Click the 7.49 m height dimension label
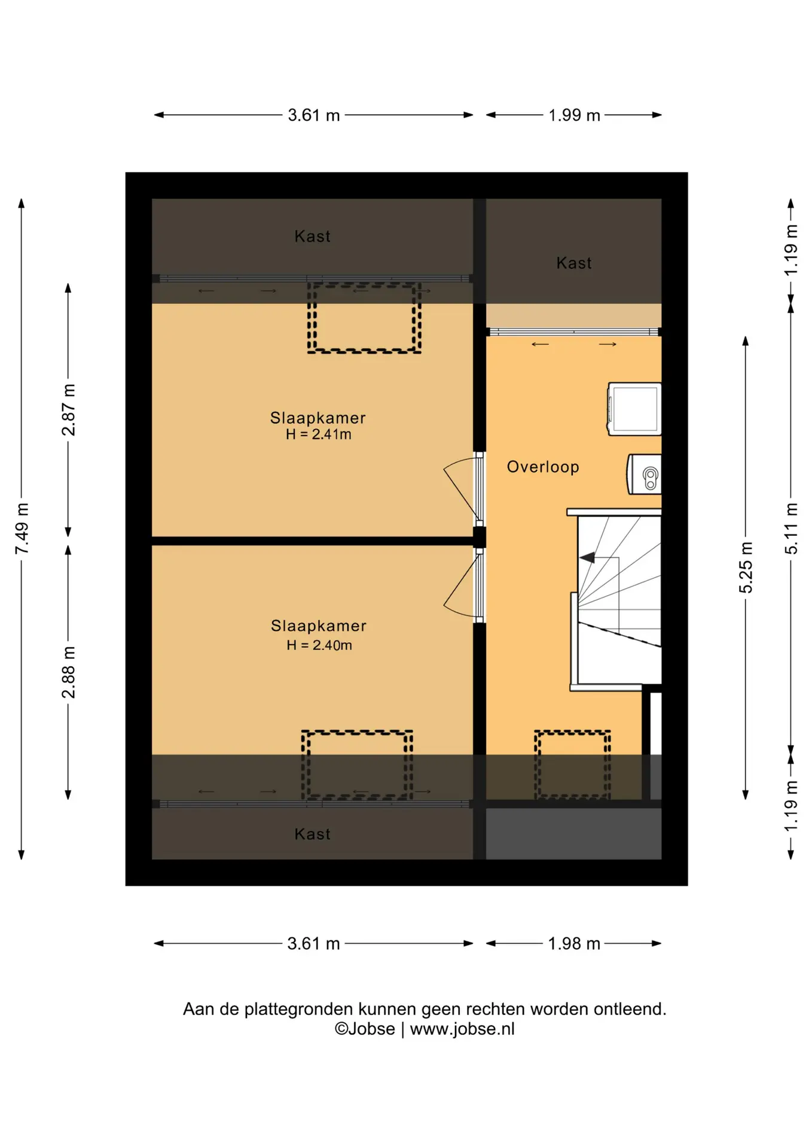coord(22,529)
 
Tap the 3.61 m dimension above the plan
coord(314,115)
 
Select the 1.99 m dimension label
coord(574,115)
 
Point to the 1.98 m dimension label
coord(574,943)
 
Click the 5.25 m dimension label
coord(746,568)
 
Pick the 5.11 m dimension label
coord(791,528)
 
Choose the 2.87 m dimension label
coord(68,410)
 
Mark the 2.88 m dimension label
coord(68,672)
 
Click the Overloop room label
coord(543,467)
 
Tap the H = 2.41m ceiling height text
coord(319,434)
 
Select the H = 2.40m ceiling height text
coord(319,645)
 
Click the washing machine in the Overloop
coord(634,409)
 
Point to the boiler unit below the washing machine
coord(644,474)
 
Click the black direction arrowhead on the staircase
coord(587,557)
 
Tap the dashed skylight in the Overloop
coord(572,764)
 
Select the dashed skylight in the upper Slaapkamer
coord(364,318)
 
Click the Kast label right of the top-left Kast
coord(574,263)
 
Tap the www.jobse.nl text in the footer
coord(462,1029)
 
